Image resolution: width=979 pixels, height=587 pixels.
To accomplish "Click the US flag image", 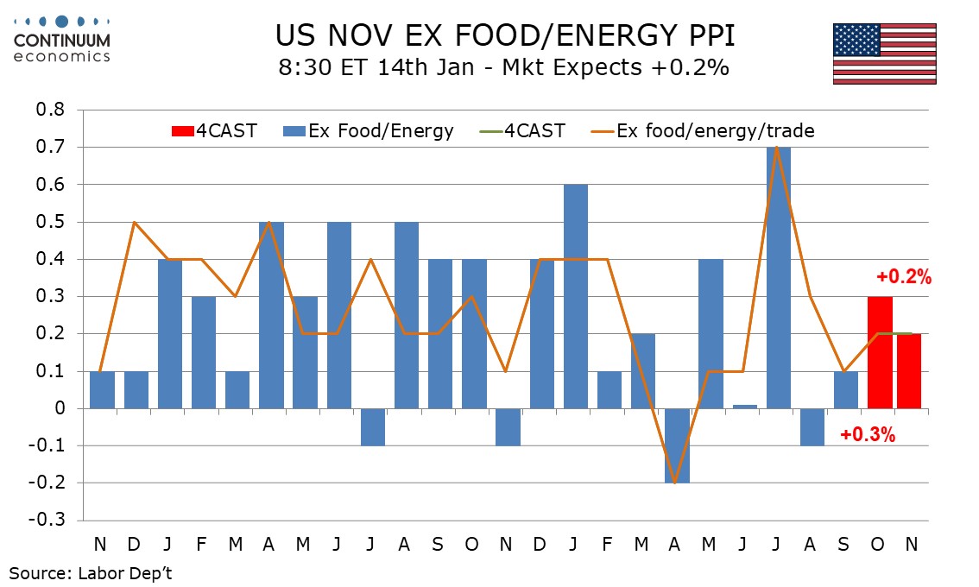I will pyautogui.click(x=884, y=54).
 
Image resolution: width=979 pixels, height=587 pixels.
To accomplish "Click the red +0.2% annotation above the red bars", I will pyautogui.click(x=904, y=277).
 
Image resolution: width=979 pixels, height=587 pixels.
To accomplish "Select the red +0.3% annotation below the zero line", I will pyautogui.click(x=867, y=435).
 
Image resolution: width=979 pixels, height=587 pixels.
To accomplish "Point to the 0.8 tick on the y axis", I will pyautogui.click(x=49, y=110).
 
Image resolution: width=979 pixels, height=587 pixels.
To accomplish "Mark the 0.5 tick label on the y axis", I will pyautogui.click(x=49, y=222).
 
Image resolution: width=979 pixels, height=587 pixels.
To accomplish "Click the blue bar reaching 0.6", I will pyautogui.click(x=576, y=296).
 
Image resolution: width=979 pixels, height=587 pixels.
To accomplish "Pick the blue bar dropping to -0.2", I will pyautogui.click(x=677, y=445).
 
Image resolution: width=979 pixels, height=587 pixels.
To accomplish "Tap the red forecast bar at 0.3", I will pyautogui.click(x=879, y=352).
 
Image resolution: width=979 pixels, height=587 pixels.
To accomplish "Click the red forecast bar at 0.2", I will pyautogui.click(x=909, y=371).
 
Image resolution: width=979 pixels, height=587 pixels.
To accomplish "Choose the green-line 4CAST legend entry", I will pyautogui.click(x=523, y=131).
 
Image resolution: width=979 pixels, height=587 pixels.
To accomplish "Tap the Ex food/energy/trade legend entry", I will pyautogui.click(x=703, y=131).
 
